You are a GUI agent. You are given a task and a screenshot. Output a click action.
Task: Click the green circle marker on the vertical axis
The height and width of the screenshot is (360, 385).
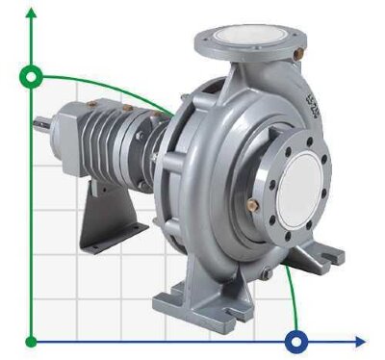(x=33, y=75)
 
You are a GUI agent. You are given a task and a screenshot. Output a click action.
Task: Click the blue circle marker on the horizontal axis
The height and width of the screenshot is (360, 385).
(x=296, y=340)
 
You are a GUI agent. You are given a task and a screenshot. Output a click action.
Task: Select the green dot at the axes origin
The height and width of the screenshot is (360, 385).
(x=33, y=340)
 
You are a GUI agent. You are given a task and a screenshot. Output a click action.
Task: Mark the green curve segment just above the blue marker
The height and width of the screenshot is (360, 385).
(x=292, y=308)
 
